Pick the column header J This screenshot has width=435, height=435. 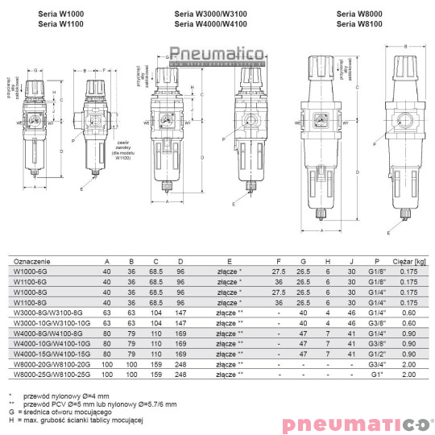click(351, 262)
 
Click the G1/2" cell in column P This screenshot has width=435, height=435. click(373, 353)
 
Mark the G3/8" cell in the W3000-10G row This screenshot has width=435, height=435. click(373, 321)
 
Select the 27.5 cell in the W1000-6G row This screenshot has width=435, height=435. click(279, 272)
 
